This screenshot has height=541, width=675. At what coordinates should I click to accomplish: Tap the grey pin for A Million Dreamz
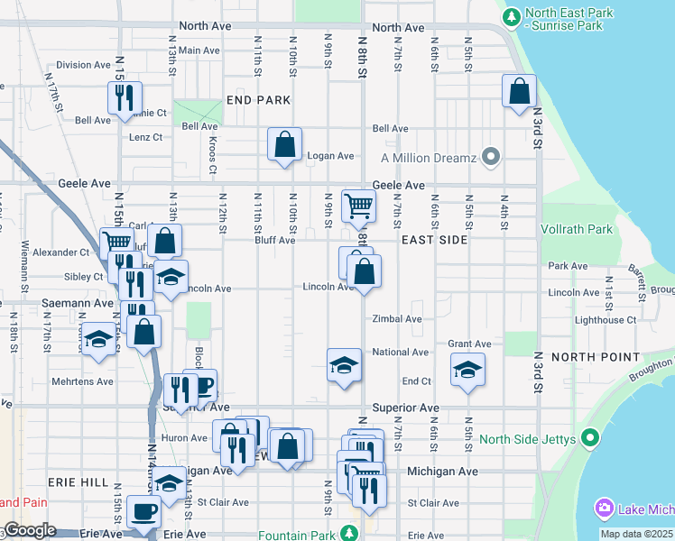[491, 158]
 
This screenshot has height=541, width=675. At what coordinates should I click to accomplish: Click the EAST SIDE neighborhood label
[434, 240]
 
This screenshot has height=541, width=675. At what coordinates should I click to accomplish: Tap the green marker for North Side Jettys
[591, 439]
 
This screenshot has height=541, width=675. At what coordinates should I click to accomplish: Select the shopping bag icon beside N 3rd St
[520, 90]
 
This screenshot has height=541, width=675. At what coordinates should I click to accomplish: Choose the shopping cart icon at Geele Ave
[359, 206]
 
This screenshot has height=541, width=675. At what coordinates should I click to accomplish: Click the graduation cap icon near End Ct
[467, 370]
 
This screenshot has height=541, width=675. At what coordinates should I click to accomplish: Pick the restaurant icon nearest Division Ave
[125, 97]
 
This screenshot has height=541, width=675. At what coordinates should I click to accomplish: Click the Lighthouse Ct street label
[606, 320]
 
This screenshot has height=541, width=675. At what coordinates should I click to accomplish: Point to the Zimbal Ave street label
[397, 319]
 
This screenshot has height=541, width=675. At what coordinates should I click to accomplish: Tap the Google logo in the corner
[30, 531]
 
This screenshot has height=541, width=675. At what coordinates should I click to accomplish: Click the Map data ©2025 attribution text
[635, 534]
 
